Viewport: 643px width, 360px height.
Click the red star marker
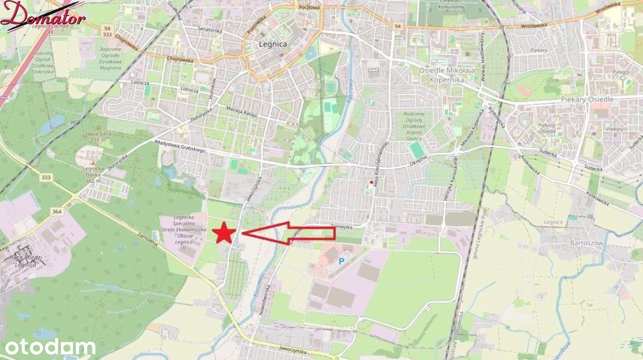[x=224, y=234]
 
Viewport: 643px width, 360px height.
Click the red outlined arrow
[x=289, y=233]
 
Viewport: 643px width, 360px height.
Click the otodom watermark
[x=48, y=347]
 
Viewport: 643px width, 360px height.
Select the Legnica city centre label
[x=272, y=44]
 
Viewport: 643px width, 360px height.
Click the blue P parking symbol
[x=341, y=261]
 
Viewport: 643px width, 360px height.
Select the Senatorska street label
[x=209, y=29]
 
